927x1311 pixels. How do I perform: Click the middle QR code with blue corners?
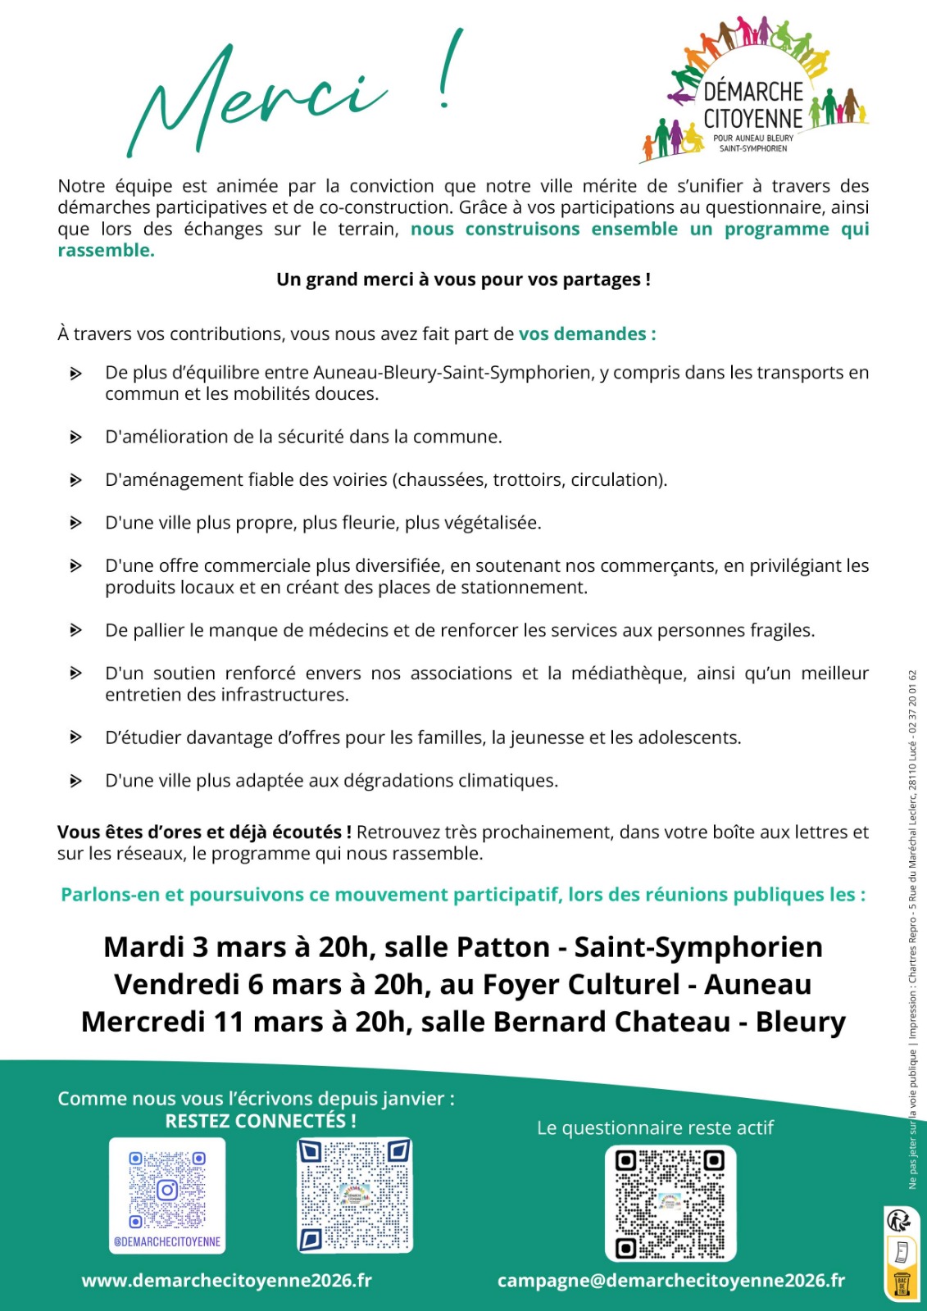pos(355,1195)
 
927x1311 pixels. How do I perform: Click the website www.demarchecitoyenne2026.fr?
pos(226,1280)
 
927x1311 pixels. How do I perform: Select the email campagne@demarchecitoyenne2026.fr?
pos(670,1280)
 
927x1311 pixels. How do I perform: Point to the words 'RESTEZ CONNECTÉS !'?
pos(261,1121)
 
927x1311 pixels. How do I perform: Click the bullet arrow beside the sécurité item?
pos(75,438)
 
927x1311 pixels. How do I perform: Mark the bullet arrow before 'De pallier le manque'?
pos(75,631)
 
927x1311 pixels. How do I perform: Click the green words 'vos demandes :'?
pos(587,334)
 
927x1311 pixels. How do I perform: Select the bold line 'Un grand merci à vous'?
pos(463,279)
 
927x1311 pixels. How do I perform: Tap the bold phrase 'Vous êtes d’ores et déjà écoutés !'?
pos(204,832)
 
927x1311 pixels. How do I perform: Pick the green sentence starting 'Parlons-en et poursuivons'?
pos(463,895)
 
